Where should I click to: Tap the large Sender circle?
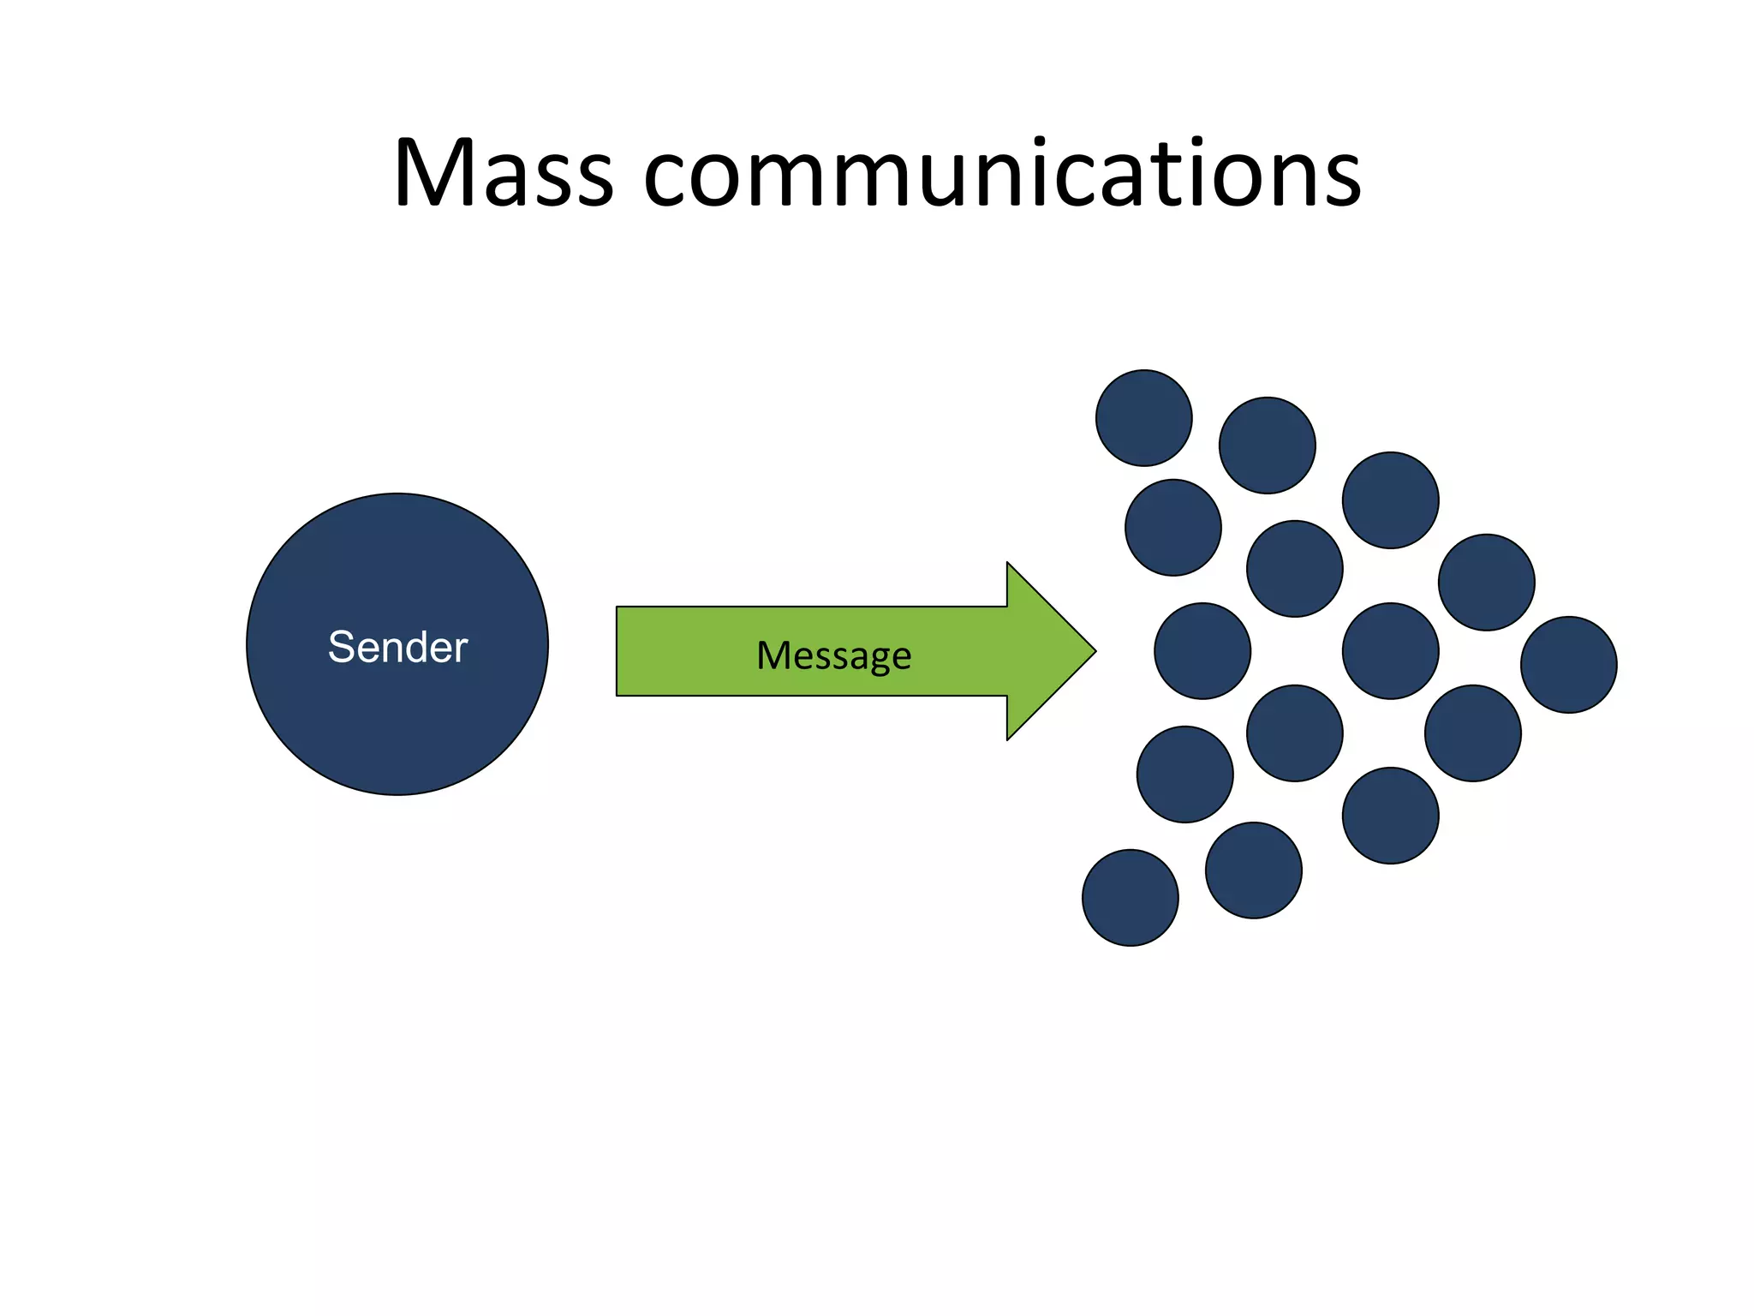click(397, 720)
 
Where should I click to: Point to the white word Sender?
click(397, 647)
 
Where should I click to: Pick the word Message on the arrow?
click(833, 656)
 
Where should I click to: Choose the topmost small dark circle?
click(1144, 418)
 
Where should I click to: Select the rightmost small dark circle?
click(1569, 665)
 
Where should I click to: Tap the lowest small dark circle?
click(1131, 898)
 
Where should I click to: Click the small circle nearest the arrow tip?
click(1202, 651)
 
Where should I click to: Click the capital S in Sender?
click(341, 647)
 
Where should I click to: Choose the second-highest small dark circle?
click(1268, 446)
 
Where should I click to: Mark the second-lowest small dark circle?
click(1254, 870)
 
